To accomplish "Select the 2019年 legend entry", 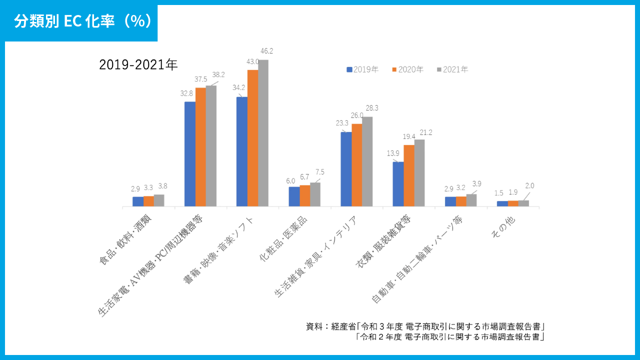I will tap(362, 69).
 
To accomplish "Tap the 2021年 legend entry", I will tap(452, 69).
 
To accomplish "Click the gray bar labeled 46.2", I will tap(263, 133).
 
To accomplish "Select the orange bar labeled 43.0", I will tap(252, 138).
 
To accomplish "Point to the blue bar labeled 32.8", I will tap(190, 154).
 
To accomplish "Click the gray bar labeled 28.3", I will tap(367, 161).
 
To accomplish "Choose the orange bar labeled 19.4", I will tap(409, 175).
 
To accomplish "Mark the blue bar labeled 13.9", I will tap(398, 184).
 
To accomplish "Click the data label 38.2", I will tap(218, 74).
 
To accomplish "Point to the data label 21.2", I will tap(426, 132).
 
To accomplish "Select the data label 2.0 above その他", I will tap(529, 185).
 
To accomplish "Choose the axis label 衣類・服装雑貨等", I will tap(383, 243).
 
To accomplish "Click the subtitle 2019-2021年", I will tap(138, 65).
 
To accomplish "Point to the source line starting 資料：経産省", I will tap(425, 326).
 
